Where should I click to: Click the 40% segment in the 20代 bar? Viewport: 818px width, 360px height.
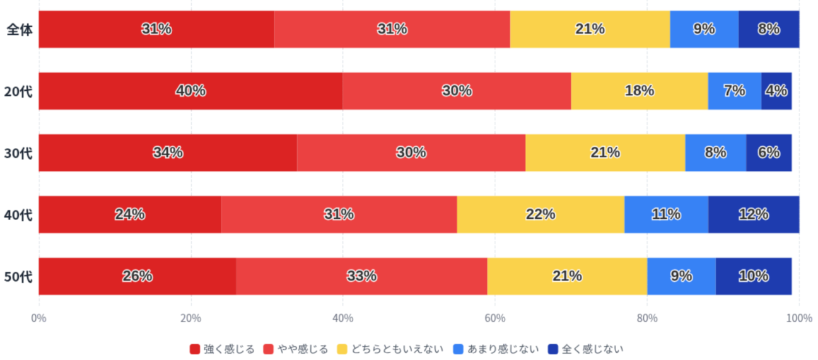[190, 91]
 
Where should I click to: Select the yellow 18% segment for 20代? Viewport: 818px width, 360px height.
[639, 91]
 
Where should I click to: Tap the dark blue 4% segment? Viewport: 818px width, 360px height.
[776, 91]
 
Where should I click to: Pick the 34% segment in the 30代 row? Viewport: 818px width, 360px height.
[168, 153]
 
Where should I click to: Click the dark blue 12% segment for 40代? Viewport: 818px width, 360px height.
[753, 214]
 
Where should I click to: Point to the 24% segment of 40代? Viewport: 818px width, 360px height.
[130, 214]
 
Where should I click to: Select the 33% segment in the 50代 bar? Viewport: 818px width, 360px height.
[361, 276]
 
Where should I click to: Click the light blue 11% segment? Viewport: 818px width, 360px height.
[665, 214]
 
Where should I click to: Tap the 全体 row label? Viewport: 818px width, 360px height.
[19, 30]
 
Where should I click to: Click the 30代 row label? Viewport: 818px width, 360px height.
[18, 153]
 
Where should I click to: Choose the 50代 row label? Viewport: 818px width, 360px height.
[18, 277]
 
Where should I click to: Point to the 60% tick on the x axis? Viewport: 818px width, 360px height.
[494, 318]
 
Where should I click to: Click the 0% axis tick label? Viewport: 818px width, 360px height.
[39, 318]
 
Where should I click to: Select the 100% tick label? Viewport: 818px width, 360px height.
[799, 318]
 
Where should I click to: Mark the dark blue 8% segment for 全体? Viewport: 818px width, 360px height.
[769, 29]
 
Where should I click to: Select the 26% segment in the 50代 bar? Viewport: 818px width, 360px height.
[137, 276]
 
